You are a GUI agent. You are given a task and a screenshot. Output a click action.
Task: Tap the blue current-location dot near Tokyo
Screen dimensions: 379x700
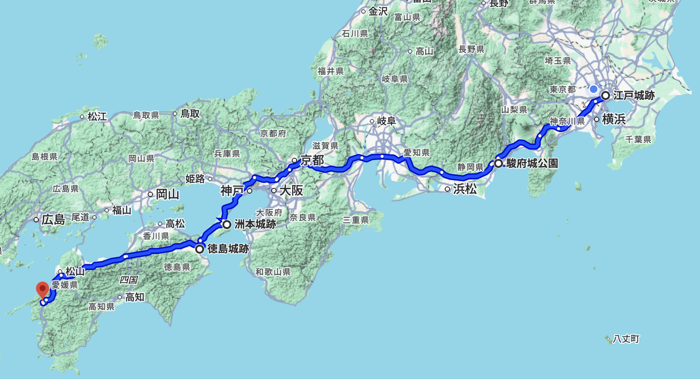click(593, 89)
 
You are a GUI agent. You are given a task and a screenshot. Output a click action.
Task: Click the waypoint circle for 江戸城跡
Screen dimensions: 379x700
click(606, 95)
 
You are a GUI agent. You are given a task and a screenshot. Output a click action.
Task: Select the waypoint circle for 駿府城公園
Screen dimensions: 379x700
click(499, 163)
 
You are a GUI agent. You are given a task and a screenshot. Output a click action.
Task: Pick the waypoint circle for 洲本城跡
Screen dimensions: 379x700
click(226, 225)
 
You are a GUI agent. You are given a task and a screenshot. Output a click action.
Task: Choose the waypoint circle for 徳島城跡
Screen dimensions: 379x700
click(200, 249)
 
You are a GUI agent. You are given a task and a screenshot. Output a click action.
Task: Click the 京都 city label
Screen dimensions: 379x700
click(312, 160)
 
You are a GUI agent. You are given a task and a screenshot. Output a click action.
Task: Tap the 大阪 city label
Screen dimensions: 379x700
click(291, 190)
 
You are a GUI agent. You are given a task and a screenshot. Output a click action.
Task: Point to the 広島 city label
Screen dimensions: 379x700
click(53, 219)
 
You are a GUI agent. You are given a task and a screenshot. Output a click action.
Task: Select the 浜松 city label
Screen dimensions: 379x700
click(465, 189)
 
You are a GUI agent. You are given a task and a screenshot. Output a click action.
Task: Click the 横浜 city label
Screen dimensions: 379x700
click(613, 119)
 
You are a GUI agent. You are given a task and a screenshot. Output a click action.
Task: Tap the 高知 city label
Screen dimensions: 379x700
click(134, 297)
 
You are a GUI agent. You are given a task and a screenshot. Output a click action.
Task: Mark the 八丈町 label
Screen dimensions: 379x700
click(626, 339)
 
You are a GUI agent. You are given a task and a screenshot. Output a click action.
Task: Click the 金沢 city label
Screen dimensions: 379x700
click(378, 12)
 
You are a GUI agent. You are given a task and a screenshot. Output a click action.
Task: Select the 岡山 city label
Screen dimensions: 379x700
click(167, 194)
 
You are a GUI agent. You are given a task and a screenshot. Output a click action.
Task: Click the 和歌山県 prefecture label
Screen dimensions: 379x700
click(273, 272)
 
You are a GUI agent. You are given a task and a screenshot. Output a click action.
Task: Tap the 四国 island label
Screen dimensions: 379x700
click(128, 280)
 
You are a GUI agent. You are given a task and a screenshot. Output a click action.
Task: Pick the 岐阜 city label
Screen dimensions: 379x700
click(386, 121)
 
